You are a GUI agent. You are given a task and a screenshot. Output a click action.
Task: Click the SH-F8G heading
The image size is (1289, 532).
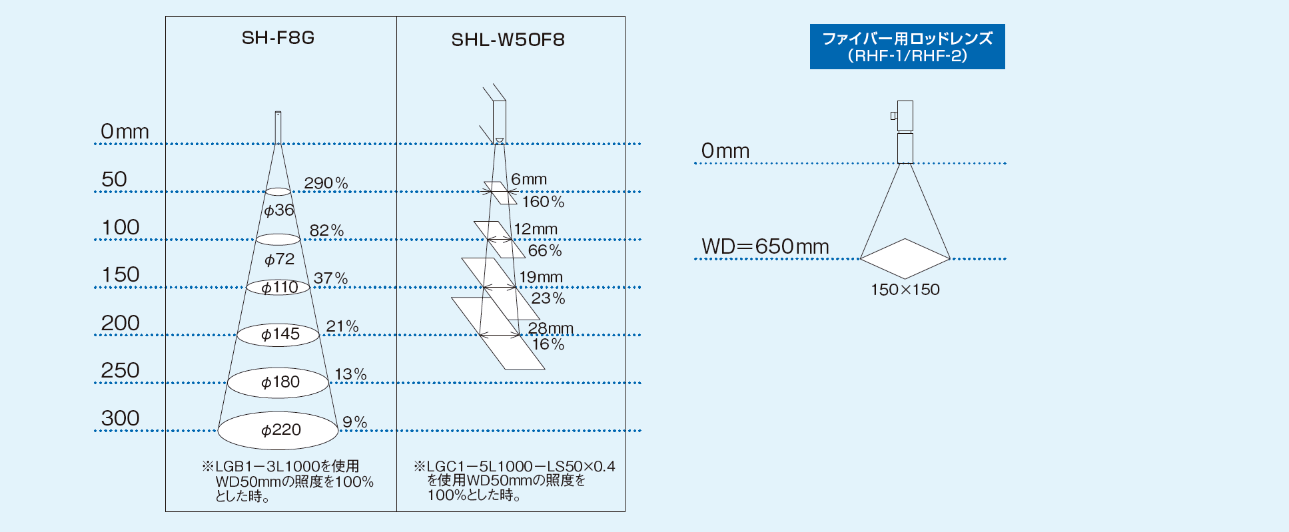point(278,38)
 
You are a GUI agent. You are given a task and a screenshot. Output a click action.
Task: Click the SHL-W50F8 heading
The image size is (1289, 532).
point(508,40)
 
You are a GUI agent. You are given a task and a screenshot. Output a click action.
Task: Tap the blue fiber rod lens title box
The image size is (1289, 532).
point(907,47)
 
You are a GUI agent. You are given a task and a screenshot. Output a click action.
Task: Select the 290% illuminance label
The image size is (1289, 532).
point(326,183)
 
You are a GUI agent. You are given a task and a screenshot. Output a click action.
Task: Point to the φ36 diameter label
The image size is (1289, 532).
point(279,210)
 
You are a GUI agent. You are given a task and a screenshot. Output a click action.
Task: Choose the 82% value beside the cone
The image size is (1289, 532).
point(326,231)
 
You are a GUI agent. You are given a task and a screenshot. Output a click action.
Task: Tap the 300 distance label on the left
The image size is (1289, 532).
point(121,418)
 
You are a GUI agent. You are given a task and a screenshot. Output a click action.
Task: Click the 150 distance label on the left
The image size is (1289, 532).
point(121,274)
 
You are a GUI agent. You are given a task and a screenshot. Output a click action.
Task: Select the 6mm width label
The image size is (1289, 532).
point(529,179)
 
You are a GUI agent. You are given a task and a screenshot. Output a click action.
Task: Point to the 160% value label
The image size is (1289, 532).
point(543,202)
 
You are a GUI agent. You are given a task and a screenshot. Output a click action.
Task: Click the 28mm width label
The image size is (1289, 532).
point(550,328)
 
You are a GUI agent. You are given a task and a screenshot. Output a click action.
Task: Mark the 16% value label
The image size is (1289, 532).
point(548,344)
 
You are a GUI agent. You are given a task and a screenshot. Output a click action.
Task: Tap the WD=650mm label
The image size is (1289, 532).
point(765,246)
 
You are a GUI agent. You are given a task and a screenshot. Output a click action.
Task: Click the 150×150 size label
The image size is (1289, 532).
point(905,290)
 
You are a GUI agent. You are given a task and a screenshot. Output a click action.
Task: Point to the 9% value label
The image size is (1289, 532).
point(355,422)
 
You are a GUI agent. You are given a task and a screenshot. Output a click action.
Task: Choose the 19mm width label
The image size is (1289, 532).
point(541,277)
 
